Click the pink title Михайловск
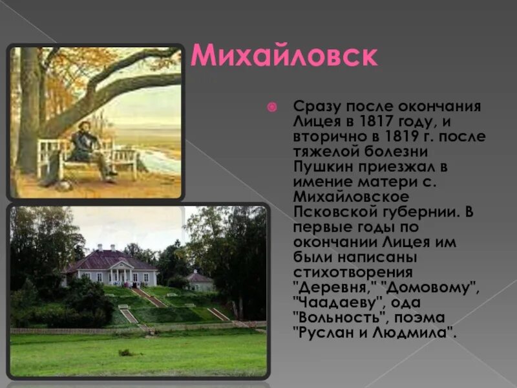[284, 56]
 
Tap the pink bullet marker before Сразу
[273, 106]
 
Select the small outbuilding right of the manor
[200, 282]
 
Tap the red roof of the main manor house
[110, 260]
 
